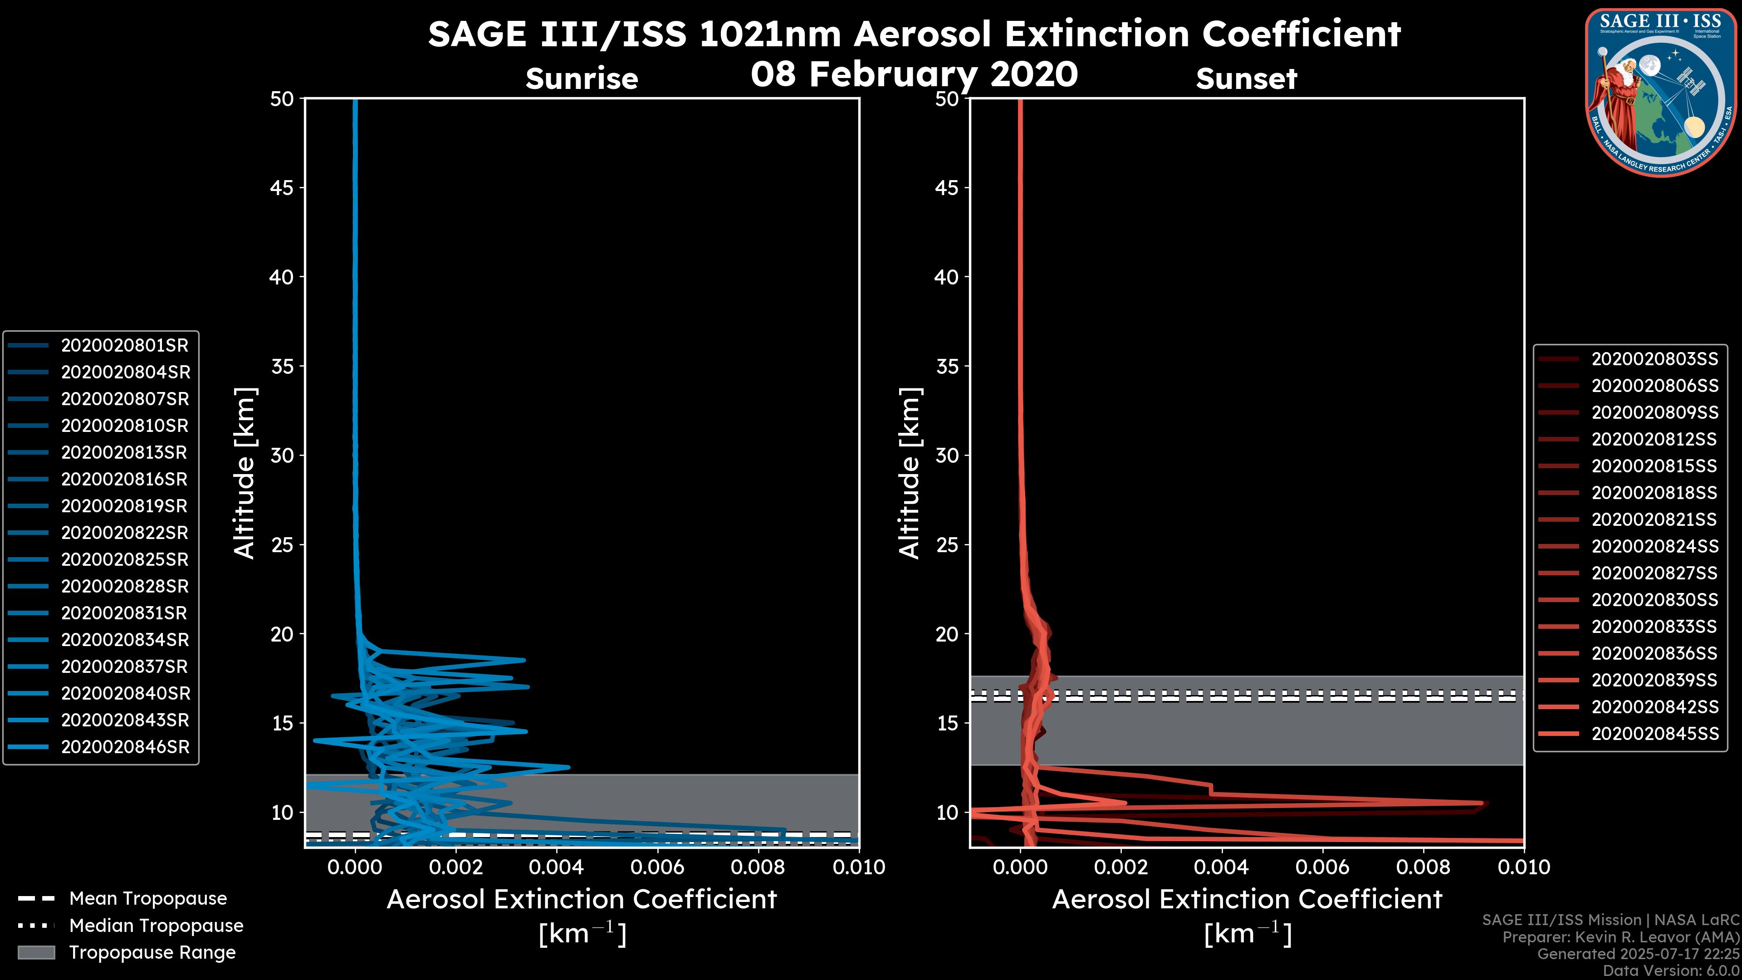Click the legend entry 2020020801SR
[124, 346]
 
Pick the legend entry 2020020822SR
[124, 533]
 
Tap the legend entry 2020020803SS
[1654, 359]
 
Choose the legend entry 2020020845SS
[1654, 734]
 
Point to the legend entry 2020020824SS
[1654, 546]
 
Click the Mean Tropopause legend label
[148, 899]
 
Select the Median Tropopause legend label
[156, 926]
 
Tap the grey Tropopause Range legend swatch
[36, 952]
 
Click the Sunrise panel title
[582, 79]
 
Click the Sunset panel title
[1246, 79]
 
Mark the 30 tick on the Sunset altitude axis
[947, 456]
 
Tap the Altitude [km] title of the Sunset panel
[910, 473]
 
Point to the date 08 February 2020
[914, 74]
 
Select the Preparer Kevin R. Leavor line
[1620, 937]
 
